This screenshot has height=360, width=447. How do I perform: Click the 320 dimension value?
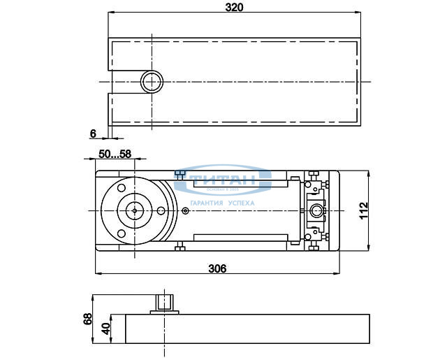[x=233, y=7]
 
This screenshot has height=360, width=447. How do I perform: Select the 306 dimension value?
[x=217, y=267]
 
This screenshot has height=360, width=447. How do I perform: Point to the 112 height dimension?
[x=363, y=210]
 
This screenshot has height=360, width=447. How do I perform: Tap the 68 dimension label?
[x=88, y=319]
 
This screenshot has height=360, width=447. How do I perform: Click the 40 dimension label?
[x=105, y=329]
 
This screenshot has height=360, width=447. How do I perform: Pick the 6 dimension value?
[x=93, y=132]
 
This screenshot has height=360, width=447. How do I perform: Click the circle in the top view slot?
[x=150, y=82]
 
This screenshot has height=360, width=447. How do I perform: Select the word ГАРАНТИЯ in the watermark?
[x=203, y=203]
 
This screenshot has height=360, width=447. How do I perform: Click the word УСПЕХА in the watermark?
[x=240, y=203]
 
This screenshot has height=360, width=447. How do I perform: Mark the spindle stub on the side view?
[x=166, y=303]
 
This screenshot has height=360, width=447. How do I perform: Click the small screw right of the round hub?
[x=184, y=210]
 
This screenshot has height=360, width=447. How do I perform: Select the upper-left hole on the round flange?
[x=122, y=188]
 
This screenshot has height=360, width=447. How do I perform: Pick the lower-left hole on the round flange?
[x=122, y=232]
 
